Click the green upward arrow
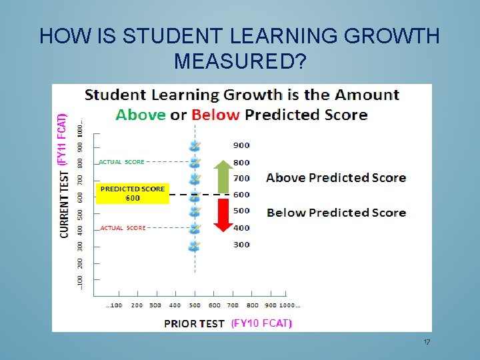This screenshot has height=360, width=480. [224, 176]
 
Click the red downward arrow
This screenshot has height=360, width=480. [224, 213]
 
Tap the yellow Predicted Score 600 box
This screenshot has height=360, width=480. [133, 193]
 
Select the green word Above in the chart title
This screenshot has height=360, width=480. [141, 115]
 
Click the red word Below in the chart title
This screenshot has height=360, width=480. [215, 115]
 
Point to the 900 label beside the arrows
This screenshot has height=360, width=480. [241, 145]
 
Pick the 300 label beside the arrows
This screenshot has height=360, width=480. [241, 245]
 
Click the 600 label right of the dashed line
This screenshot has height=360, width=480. [241, 195]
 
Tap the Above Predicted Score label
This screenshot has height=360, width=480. [336, 177]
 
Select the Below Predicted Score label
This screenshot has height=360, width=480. [336, 213]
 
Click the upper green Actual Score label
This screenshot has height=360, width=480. [121, 162]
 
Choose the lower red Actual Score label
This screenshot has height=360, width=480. [123, 228]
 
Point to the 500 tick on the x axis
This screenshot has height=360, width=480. [194, 305]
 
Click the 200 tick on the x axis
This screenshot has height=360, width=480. [137, 305]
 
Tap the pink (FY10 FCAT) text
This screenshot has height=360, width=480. [261, 323]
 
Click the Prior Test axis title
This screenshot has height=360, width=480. [194, 323]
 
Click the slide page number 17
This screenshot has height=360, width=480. [427, 342]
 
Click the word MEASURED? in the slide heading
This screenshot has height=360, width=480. [240, 61]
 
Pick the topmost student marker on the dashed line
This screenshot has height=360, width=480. [195, 146]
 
